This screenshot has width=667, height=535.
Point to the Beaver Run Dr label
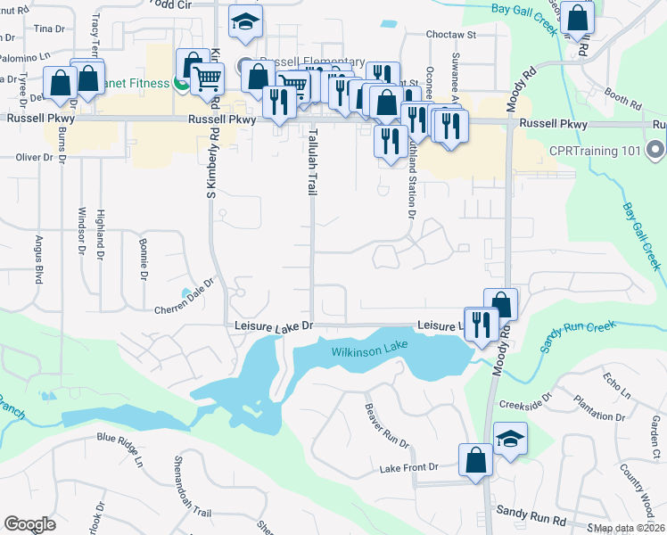(385, 426)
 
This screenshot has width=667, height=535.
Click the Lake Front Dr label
(409, 467)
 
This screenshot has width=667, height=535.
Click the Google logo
(29, 524)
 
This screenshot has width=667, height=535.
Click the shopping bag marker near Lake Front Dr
(475, 461)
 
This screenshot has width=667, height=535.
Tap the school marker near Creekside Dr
(510, 440)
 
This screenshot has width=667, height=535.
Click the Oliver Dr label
(36, 157)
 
